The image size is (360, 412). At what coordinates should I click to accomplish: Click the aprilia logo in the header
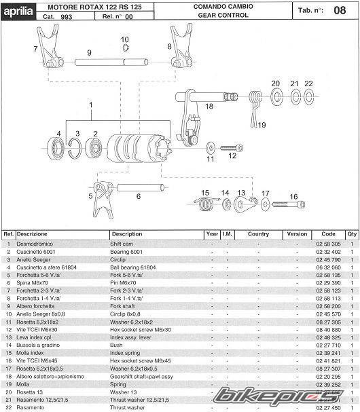18,12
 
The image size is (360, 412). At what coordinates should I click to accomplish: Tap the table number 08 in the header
340,10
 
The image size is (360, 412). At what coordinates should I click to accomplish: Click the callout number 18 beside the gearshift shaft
209,106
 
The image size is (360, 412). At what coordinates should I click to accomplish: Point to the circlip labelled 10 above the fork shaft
126,48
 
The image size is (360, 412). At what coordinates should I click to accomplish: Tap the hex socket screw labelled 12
232,148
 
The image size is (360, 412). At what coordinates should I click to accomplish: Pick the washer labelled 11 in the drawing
211,148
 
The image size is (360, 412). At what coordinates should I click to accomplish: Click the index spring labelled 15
206,203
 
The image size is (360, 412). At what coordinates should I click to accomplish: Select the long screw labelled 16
289,204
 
